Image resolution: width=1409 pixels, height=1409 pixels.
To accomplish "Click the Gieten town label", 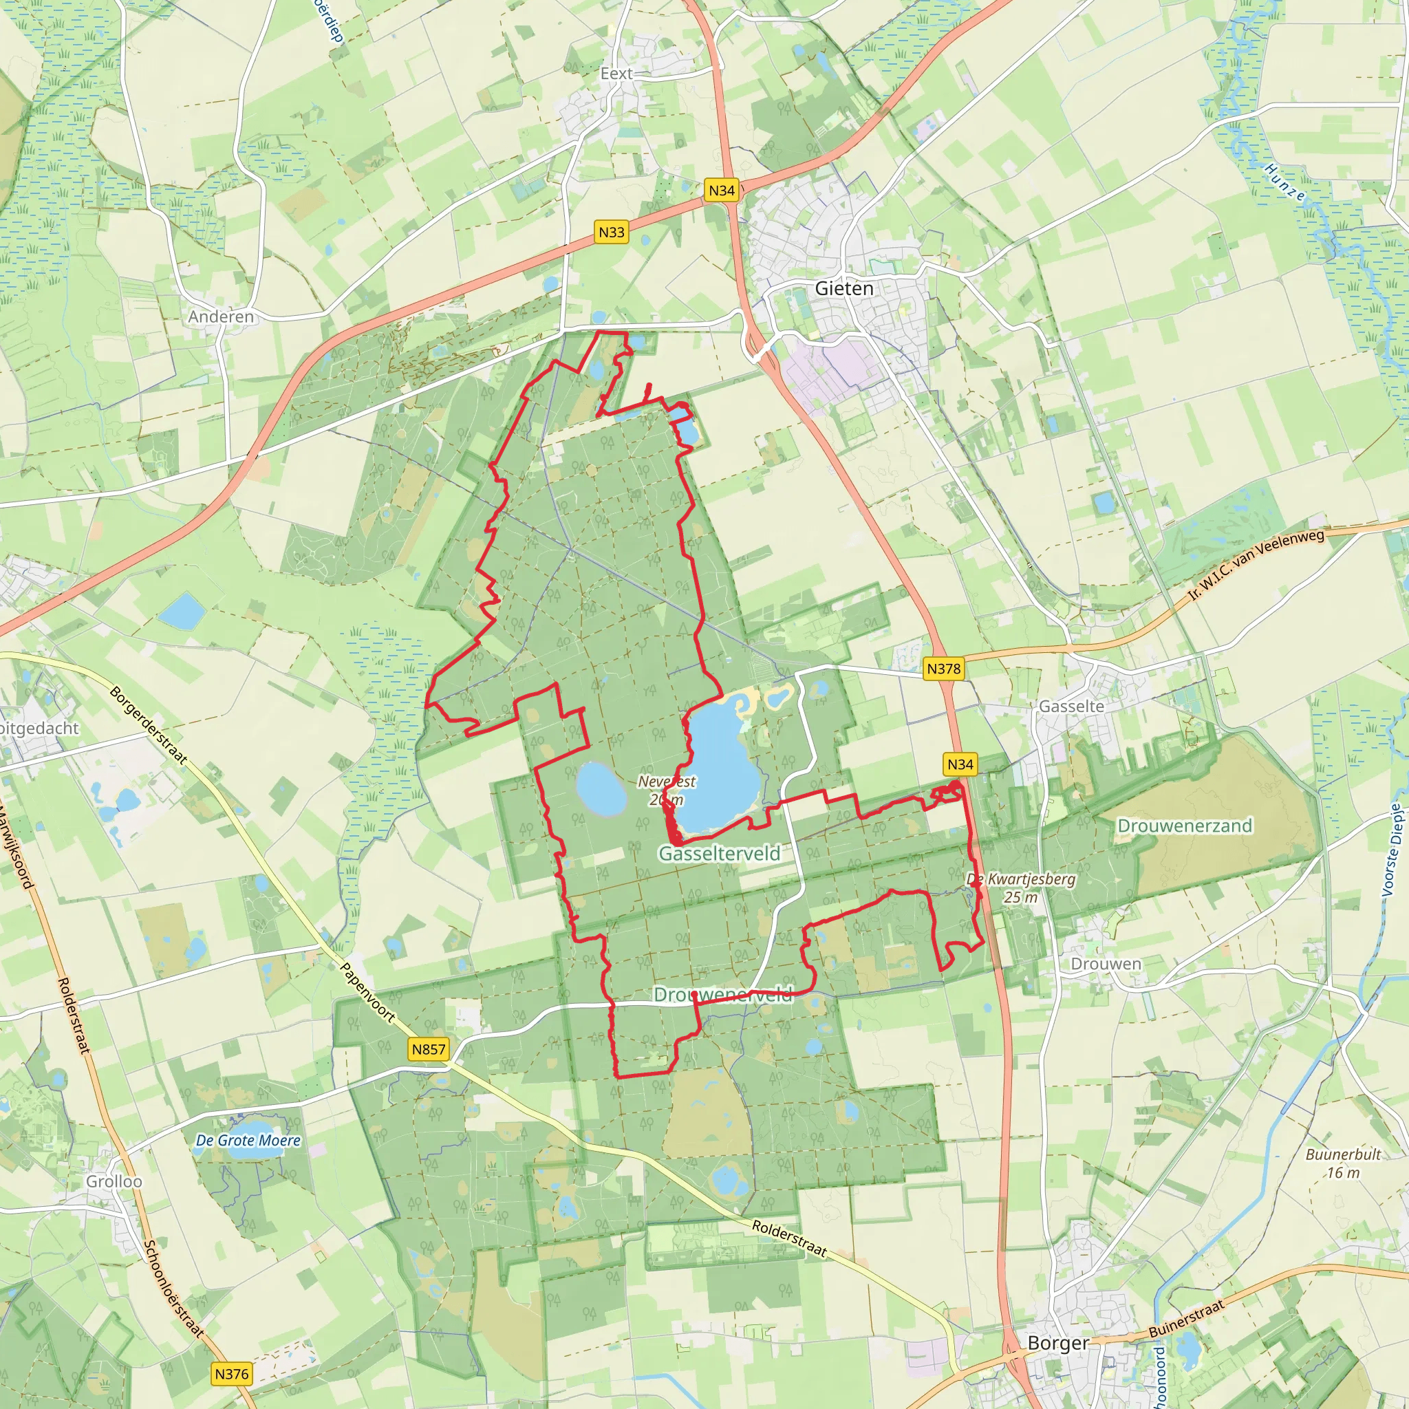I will (x=843, y=288).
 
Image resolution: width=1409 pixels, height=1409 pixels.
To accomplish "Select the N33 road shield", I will (x=611, y=232).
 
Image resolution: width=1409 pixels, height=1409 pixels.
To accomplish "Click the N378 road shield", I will (x=944, y=668).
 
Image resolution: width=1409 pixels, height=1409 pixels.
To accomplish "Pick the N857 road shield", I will (x=428, y=1048).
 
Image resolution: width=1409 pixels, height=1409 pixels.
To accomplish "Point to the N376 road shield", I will (x=232, y=1374).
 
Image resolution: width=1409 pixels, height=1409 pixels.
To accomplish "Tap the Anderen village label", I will (x=221, y=316).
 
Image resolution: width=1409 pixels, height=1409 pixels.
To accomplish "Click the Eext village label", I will (x=616, y=74).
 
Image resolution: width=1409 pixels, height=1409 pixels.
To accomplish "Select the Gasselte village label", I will (x=1071, y=706).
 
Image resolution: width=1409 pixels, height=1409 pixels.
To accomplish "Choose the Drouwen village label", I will (x=1106, y=963).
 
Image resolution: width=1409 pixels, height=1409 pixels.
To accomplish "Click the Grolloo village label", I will (x=114, y=1181).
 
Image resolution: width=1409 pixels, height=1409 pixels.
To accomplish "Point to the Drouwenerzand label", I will (x=1185, y=826).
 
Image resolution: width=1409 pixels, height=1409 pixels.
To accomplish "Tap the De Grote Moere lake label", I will (x=248, y=1140).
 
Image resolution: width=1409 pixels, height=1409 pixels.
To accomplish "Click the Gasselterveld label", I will (x=719, y=853).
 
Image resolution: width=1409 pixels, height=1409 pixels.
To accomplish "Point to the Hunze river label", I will (x=1284, y=182).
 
